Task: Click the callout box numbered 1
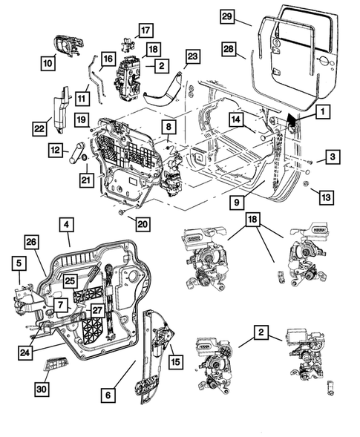click(323, 112)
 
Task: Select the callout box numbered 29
click(229, 16)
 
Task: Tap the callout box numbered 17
click(144, 31)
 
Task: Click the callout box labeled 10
click(48, 64)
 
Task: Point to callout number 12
click(56, 150)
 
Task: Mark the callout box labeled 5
click(17, 262)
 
